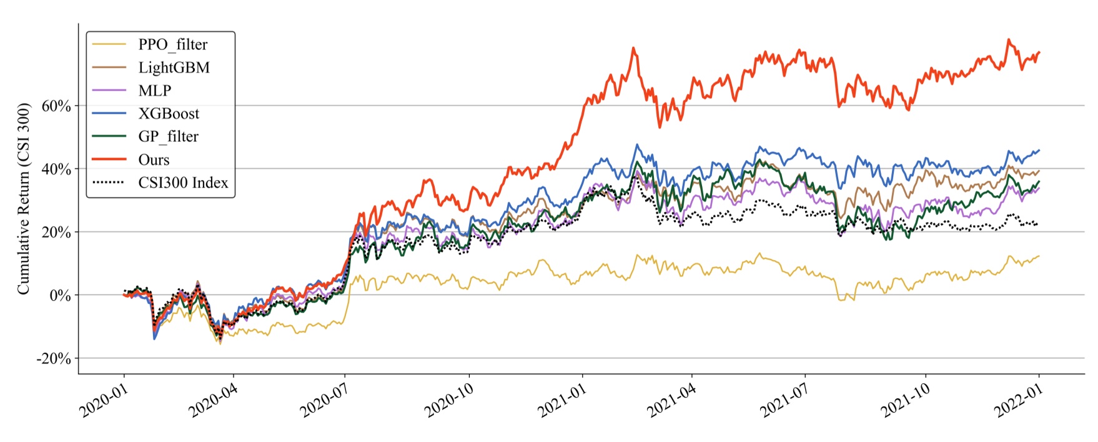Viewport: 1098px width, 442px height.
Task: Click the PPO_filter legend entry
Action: pyautogui.click(x=172, y=44)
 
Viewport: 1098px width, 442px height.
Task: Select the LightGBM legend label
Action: pyautogui.click(x=174, y=68)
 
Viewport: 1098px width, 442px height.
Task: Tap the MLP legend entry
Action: pyautogui.click(x=154, y=91)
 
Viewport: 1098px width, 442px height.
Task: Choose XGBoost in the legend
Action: pyautogui.click(x=169, y=114)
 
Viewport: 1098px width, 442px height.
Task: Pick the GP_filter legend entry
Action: pyautogui.click(x=168, y=136)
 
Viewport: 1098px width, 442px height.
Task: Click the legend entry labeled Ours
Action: pyautogui.click(x=154, y=159)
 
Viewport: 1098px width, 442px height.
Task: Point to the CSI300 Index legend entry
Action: pyautogui.click(x=183, y=183)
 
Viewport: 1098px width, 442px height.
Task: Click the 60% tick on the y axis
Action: pyautogui.click(x=56, y=106)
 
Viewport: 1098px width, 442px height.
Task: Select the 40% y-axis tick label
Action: pyautogui.click(x=56, y=169)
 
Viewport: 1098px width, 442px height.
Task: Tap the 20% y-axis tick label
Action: pyautogui.click(x=56, y=232)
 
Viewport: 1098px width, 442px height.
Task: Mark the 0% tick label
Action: pyautogui.click(x=60, y=295)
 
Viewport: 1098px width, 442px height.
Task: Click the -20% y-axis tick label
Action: pyautogui.click(x=54, y=358)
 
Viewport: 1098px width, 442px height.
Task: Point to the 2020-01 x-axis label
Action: pyautogui.click(x=104, y=401)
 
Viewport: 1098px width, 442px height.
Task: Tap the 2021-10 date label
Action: pyautogui.click(x=905, y=401)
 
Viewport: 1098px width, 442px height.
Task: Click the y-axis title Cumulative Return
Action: pyautogui.click(x=24, y=199)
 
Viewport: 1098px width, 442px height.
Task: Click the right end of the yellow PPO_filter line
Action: pyautogui.click(x=1039, y=256)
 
